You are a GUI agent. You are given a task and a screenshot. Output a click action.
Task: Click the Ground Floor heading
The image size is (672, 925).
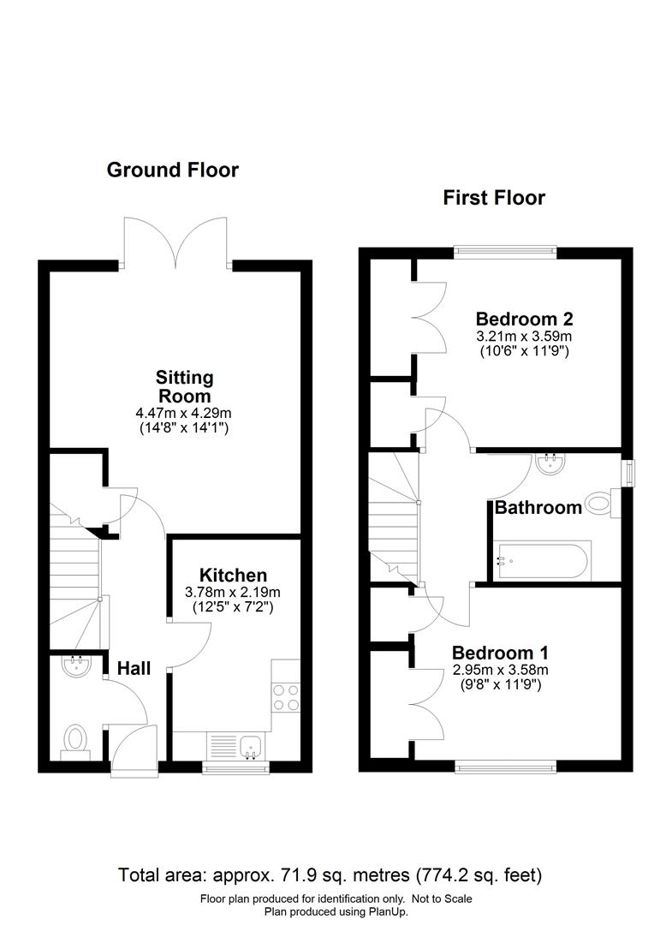(173, 170)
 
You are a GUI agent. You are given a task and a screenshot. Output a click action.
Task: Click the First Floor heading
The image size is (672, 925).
(494, 198)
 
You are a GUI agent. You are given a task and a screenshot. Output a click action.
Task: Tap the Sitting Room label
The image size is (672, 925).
(184, 386)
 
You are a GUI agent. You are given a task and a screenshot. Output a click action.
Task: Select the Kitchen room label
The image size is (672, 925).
(233, 576)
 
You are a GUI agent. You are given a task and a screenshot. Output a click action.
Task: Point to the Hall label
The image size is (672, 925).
(134, 668)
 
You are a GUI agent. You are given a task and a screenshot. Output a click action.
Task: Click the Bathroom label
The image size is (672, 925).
(538, 507)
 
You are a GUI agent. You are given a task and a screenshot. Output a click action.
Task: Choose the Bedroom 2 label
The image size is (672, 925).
(524, 319)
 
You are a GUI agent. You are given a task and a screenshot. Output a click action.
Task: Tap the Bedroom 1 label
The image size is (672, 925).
(500, 653)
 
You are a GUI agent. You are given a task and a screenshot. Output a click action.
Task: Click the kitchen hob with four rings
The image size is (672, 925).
(286, 697)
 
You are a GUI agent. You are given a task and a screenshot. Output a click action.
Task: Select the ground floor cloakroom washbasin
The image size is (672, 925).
(76, 666)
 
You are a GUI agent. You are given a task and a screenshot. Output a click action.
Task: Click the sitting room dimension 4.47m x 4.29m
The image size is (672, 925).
(183, 413)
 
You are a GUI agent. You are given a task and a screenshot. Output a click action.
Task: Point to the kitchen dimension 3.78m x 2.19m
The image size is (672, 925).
(233, 592)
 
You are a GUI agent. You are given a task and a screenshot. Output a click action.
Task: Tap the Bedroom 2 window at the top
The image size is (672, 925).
(506, 252)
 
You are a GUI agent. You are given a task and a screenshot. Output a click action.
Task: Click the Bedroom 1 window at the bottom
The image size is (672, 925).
(506, 767)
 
